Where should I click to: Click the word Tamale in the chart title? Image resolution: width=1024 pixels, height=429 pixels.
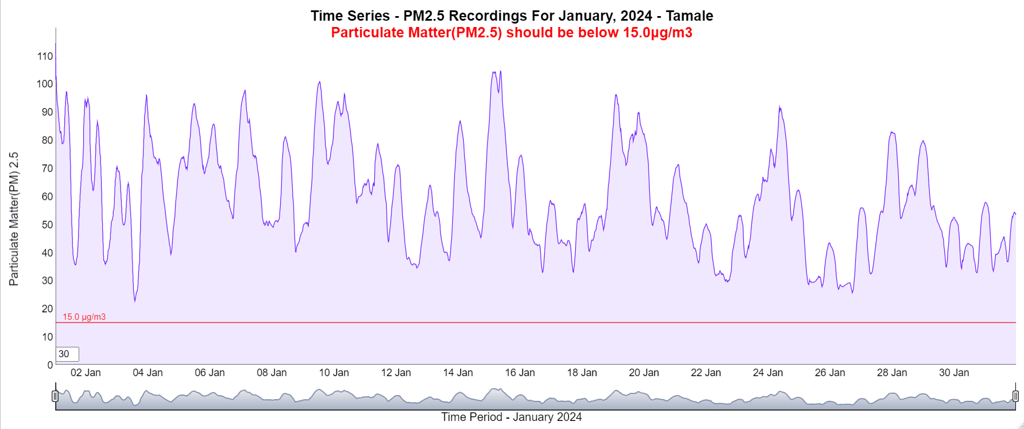[689, 16]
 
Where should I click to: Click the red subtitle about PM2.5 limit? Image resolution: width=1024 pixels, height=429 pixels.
[511, 33]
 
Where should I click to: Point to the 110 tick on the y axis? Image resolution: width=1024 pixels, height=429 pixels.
[45, 56]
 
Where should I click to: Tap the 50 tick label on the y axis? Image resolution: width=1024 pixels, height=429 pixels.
[47, 225]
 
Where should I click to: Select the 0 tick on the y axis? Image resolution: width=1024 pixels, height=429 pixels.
[50, 365]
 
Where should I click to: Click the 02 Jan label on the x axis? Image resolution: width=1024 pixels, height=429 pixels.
[86, 373]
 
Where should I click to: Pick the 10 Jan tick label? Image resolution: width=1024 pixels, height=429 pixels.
[333, 373]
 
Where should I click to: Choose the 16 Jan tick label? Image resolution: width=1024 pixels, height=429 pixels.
[519, 373]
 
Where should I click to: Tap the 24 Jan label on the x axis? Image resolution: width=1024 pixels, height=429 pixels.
[767, 373]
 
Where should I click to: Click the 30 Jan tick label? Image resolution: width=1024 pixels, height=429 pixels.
[953, 373]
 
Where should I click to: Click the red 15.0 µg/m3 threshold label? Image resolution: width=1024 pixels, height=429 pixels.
[84, 317]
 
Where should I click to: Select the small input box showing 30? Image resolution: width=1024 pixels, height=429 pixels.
[67, 354]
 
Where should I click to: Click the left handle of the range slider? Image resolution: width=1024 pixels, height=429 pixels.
[55, 396]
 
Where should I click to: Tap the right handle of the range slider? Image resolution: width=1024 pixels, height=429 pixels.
[1015, 396]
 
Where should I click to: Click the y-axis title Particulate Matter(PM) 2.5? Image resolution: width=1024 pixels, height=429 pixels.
[14, 219]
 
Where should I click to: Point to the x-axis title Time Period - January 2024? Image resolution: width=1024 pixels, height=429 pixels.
[511, 418]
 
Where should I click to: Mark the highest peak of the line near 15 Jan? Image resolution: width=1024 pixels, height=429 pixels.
[501, 71]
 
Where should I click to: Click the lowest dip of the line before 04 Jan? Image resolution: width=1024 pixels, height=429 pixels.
[135, 301]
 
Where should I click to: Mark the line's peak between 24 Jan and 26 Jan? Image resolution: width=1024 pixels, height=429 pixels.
[779, 107]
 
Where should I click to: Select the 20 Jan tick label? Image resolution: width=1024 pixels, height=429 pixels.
[643, 373]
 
